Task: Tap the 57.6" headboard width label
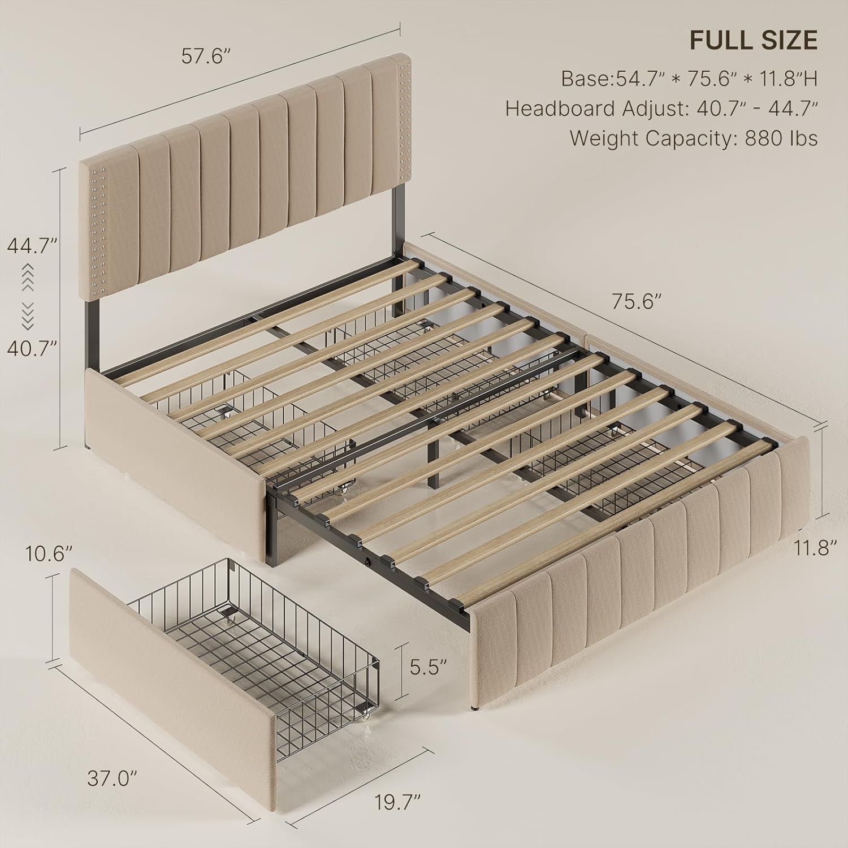[x=206, y=57]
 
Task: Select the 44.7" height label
[x=33, y=246]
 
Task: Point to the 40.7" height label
[x=33, y=348]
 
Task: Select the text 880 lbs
[x=781, y=139]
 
